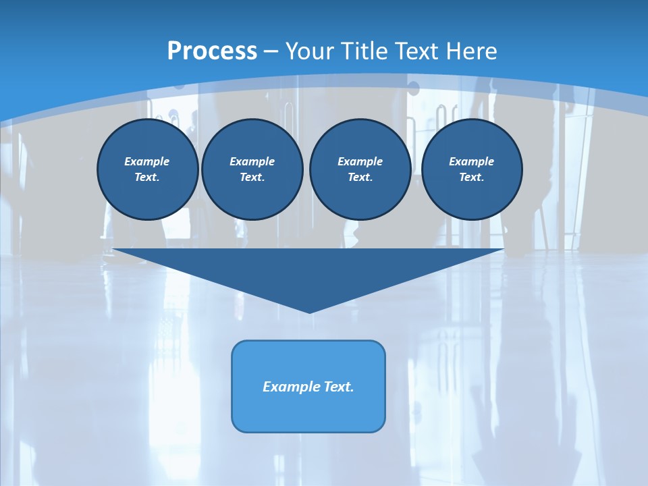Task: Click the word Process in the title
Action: (x=212, y=51)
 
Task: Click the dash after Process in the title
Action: (x=271, y=51)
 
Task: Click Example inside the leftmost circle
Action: (x=147, y=161)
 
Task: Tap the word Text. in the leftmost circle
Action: (x=147, y=178)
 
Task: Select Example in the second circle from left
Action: (x=252, y=161)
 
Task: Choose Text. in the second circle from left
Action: (x=252, y=178)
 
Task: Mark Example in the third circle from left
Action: (x=360, y=161)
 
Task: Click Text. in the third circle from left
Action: (x=360, y=178)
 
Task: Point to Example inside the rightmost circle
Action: (x=471, y=161)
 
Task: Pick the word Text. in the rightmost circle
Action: (x=471, y=178)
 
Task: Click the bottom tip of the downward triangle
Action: (x=309, y=313)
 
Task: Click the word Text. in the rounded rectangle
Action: (x=339, y=387)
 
